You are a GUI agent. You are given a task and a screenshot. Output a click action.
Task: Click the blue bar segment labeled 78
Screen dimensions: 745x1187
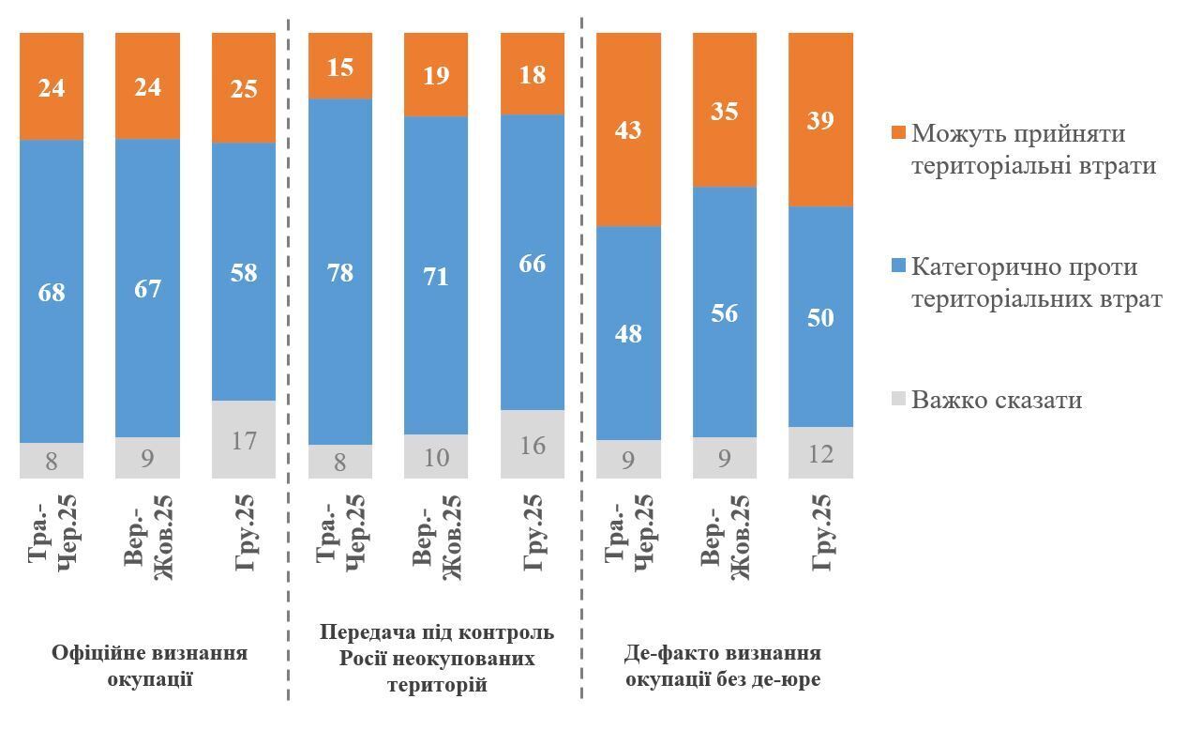click(340, 272)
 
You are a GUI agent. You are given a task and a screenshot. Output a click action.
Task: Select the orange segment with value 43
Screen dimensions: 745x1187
click(628, 129)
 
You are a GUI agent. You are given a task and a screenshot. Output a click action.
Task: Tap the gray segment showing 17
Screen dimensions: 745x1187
click(244, 439)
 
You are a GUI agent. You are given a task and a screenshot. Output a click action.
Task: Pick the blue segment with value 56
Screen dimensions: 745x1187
click(725, 312)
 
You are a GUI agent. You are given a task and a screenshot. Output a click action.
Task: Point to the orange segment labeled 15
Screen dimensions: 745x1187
click(340, 66)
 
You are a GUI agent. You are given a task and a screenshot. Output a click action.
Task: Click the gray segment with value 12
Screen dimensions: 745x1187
click(820, 452)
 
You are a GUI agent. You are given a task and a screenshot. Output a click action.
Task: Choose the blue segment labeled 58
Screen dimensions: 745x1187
click(244, 272)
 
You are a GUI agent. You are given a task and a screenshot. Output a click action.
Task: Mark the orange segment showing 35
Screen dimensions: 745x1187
click(725, 110)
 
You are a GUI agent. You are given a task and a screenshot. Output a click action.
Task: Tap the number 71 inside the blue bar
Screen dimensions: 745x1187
click(436, 277)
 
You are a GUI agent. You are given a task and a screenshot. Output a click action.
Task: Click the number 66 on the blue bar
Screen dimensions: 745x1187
click(533, 264)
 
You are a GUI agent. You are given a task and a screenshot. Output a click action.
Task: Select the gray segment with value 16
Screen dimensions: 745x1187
click(533, 444)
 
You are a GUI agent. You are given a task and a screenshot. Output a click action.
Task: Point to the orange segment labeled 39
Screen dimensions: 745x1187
click(820, 119)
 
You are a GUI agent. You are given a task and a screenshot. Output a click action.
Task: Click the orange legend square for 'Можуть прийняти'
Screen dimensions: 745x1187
click(897, 133)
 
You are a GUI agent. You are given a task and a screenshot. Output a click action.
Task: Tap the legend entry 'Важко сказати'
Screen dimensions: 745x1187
click(997, 400)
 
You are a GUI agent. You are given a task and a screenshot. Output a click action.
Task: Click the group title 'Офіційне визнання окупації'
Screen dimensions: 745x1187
click(150, 665)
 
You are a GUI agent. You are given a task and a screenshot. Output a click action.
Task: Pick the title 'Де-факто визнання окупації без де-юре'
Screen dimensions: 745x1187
click(722, 665)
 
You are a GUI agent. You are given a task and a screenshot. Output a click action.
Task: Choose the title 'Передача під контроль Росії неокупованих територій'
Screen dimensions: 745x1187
click(437, 658)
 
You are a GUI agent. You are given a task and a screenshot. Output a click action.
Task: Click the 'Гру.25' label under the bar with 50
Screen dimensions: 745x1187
click(821, 533)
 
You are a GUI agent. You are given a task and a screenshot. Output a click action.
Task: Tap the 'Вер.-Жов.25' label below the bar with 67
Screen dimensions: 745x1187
click(150, 537)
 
